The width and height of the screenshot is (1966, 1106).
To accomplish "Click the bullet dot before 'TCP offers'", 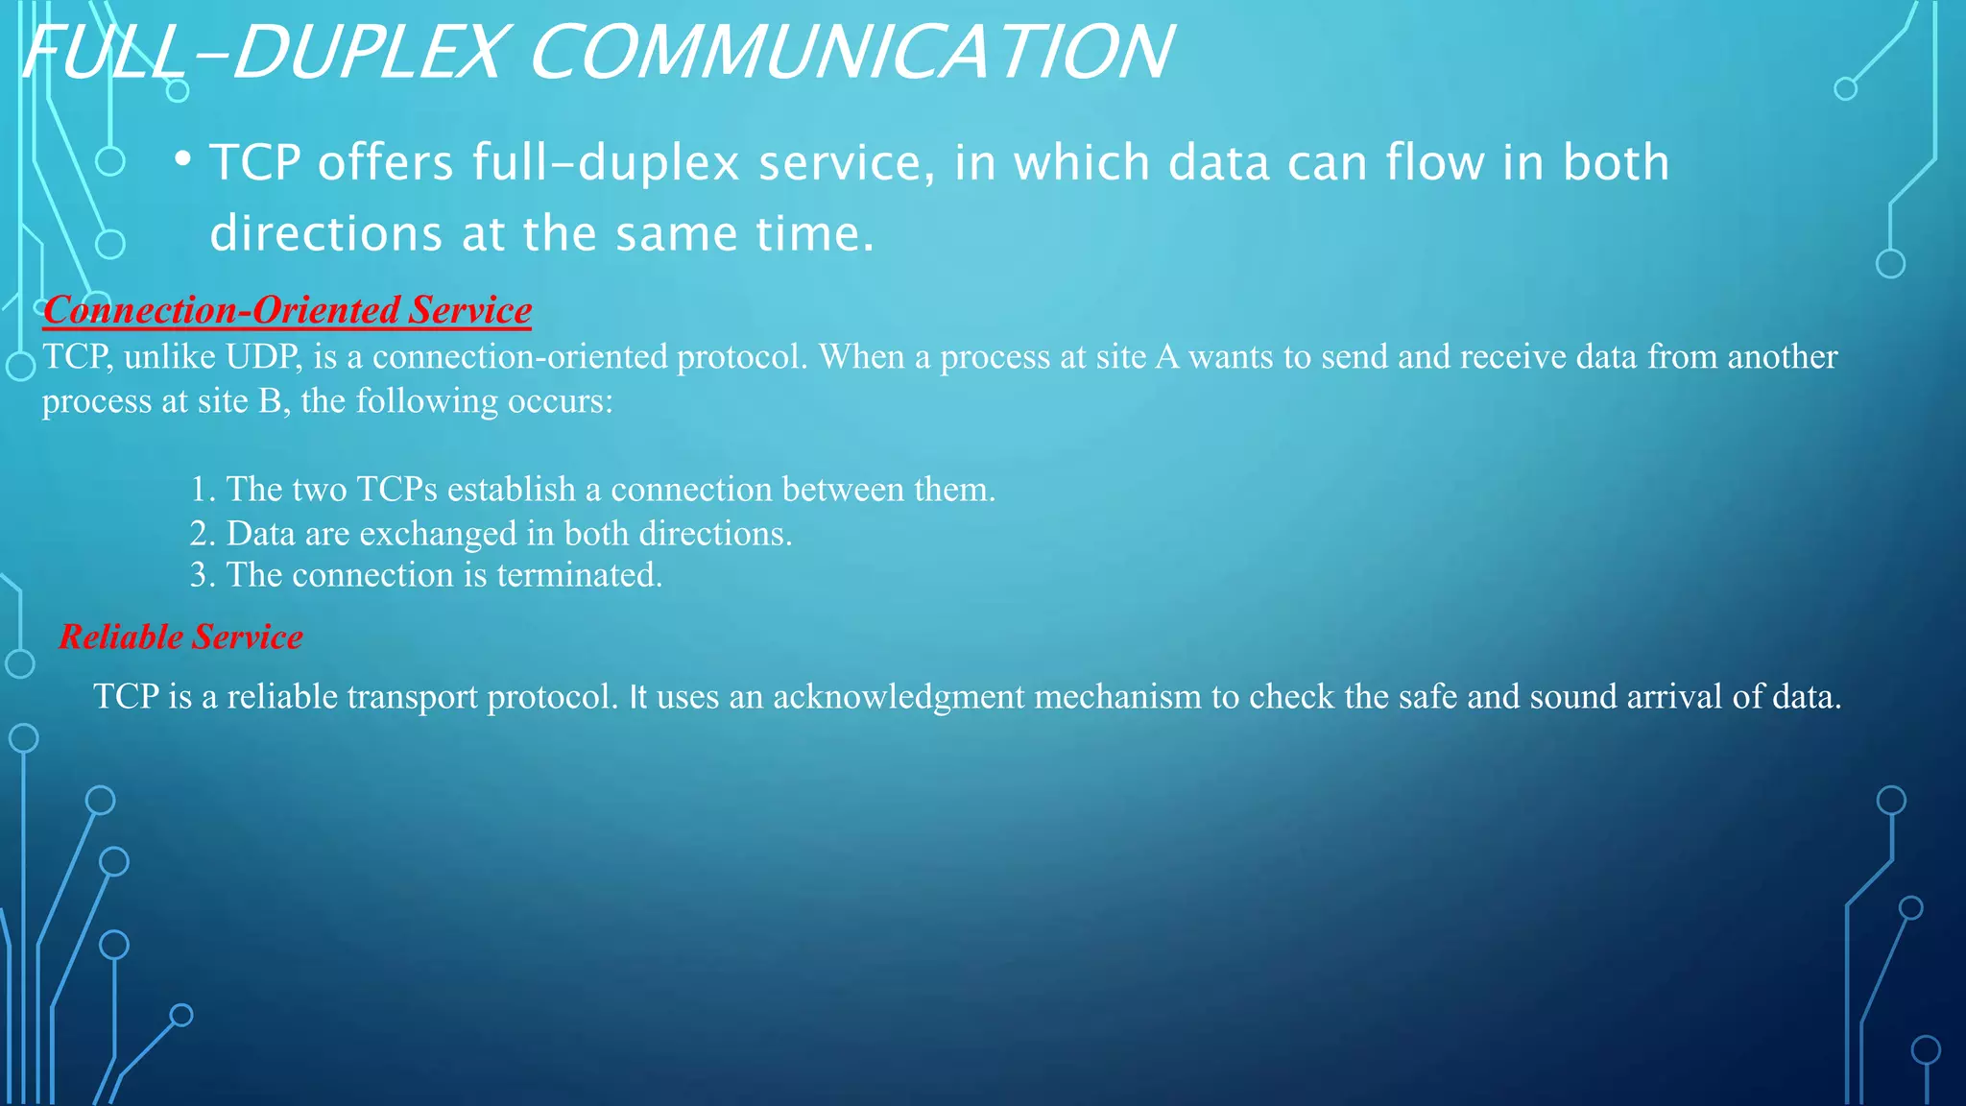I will [182, 159].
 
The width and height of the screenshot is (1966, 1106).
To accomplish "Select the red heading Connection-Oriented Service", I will [287, 310].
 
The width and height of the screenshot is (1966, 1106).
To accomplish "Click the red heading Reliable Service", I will [180, 637].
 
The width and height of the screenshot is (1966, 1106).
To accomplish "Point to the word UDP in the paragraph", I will [262, 357].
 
